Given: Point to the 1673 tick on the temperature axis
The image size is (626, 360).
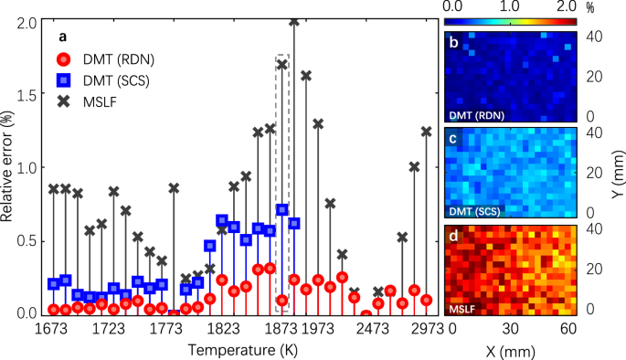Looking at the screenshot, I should click(53, 328).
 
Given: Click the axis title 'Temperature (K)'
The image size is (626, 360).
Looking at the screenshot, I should click(240, 350).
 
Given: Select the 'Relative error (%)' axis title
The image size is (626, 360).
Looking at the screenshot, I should click(8, 167).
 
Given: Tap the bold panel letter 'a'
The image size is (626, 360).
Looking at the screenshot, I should click(63, 37).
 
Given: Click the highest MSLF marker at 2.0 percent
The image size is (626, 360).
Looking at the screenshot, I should click(294, 21).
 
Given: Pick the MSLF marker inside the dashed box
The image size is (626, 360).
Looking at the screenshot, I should click(282, 65).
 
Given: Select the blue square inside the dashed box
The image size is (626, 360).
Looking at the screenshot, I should click(282, 209).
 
